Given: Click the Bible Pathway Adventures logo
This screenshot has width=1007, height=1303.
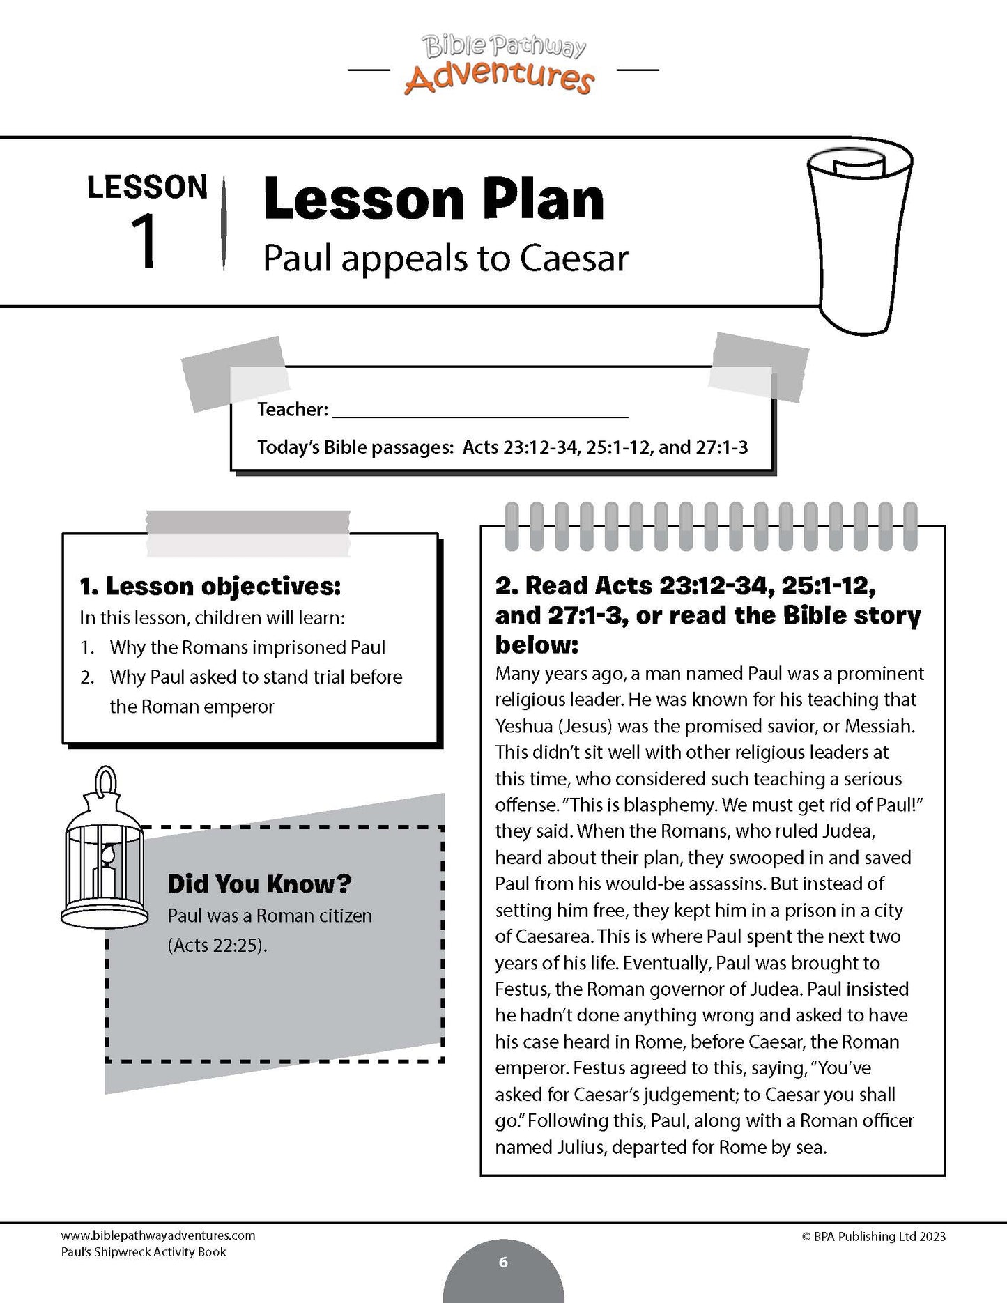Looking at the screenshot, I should (x=500, y=65).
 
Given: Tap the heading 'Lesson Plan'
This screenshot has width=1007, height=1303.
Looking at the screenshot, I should (x=433, y=200).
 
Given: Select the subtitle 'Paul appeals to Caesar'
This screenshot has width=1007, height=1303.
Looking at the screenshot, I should (x=445, y=259).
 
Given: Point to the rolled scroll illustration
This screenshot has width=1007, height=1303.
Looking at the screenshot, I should (x=859, y=238).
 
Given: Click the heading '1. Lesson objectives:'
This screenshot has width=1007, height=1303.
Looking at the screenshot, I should (x=210, y=587).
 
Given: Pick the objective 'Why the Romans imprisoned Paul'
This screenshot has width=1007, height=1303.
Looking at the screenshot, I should (x=247, y=647).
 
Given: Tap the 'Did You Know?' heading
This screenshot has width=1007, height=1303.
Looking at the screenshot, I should (x=259, y=884).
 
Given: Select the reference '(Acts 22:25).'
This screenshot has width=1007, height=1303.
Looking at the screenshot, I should (x=217, y=946).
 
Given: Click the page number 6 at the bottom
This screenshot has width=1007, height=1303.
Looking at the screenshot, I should (x=503, y=1262).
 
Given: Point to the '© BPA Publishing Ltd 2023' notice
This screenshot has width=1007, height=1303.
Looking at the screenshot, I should (x=874, y=1236).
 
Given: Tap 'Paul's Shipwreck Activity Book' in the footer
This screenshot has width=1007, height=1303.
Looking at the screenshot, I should (x=144, y=1252).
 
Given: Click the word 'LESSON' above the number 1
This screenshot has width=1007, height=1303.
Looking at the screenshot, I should (x=148, y=187).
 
